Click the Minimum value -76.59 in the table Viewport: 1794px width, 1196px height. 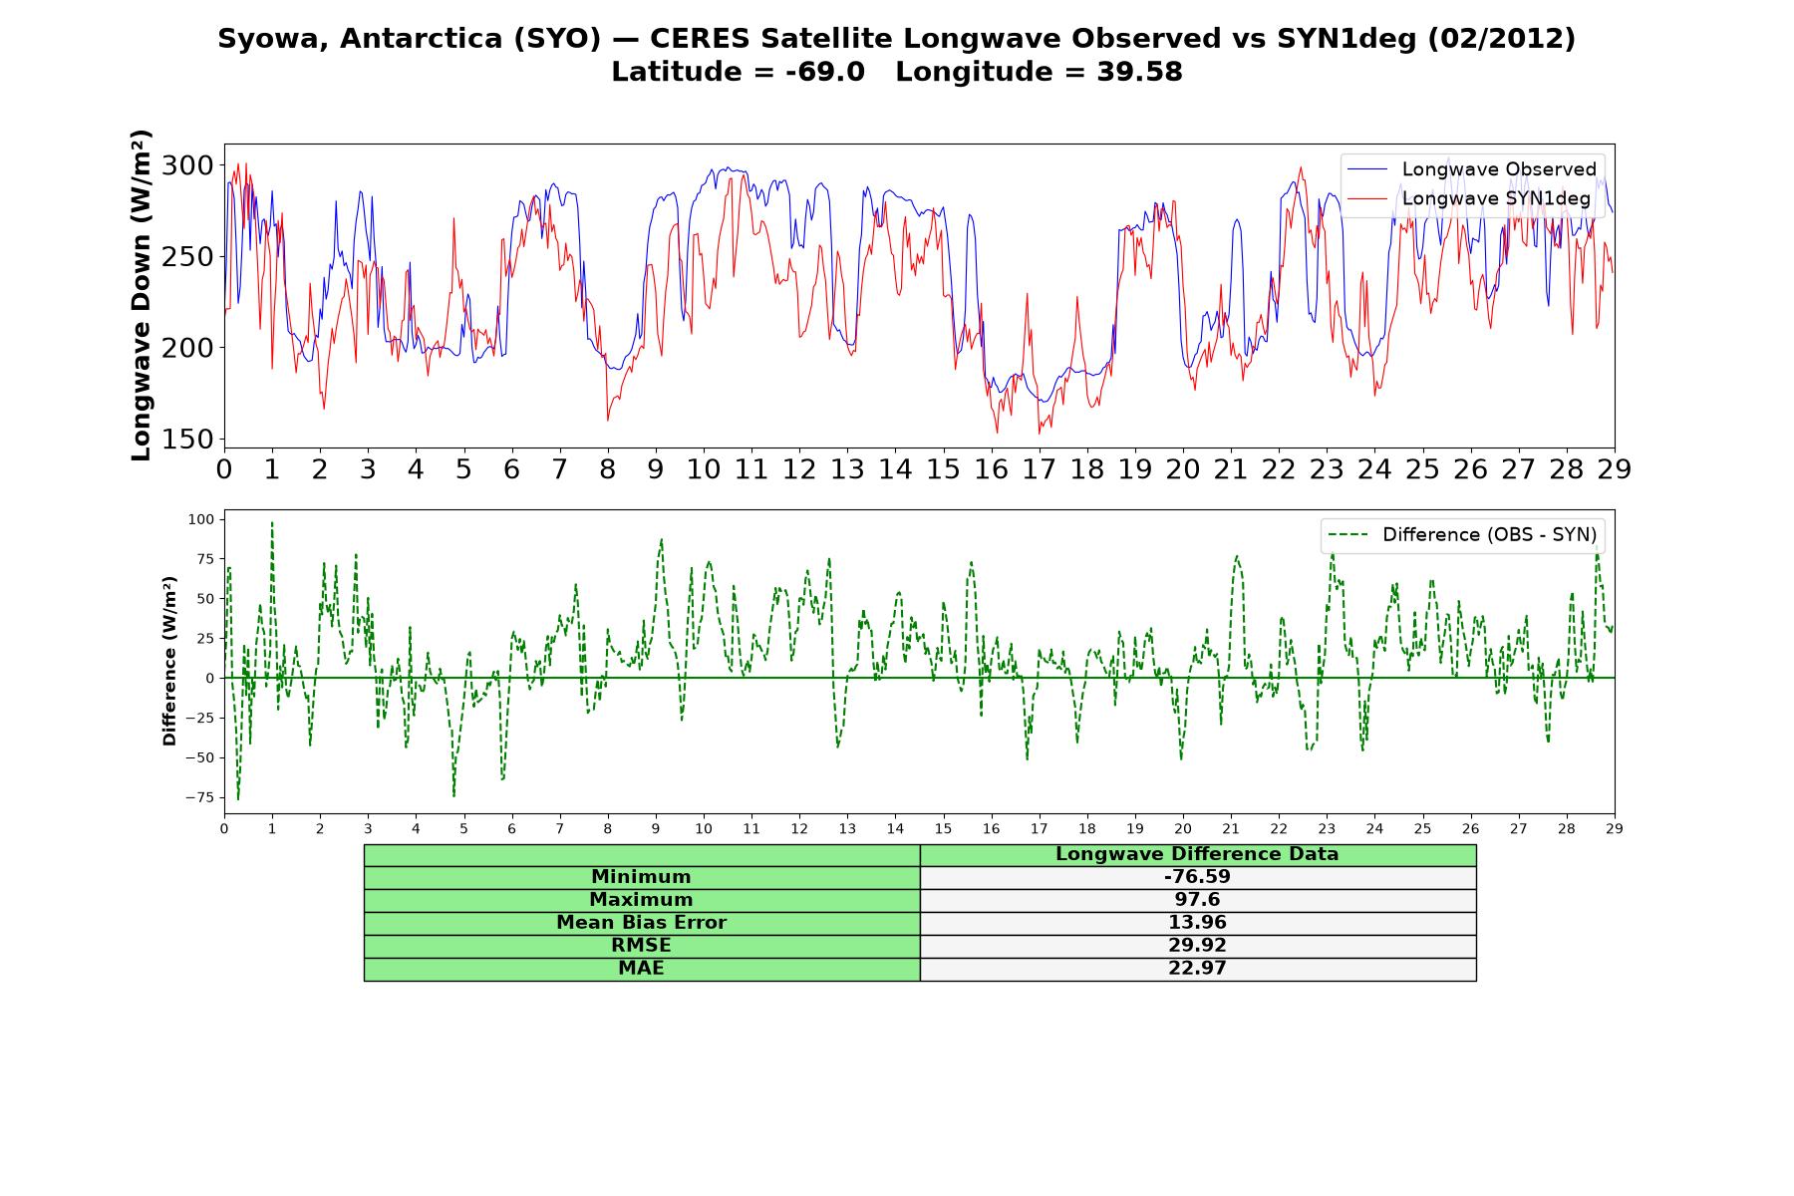tap(1197, 877)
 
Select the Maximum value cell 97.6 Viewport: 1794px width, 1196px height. tap(1197, 900)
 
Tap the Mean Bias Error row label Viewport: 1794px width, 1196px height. tap(641, 923)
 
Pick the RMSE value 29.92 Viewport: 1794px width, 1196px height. tap(1197, 946)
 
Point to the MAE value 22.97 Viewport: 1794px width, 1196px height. tap(1197, 969)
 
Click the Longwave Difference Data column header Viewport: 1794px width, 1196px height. tap(1197, 854)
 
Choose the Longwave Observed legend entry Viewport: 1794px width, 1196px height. tap(1471, 169)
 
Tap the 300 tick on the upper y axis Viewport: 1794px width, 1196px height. tap(187, 165)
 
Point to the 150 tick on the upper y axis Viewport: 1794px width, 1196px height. tap(187, 440)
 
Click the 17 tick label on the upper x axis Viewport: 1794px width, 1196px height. tap(1039, 469)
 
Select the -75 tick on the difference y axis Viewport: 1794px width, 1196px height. tap(199, 797)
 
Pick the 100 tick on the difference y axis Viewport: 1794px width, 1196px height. tap(201, 519)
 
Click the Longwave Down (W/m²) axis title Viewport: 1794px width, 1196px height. tap(141, 295)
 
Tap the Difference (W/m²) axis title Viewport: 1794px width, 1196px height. tap(169, 662)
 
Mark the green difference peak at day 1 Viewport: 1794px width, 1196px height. tap(272, 522)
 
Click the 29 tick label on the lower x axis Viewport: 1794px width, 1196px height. tap(1615, 828)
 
